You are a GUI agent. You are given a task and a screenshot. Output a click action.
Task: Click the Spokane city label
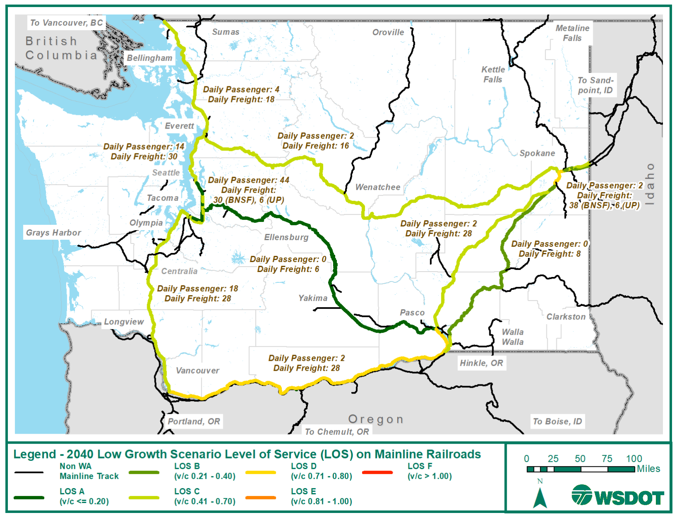[537, 153]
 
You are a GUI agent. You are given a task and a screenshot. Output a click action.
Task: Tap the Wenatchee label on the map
[378, 187]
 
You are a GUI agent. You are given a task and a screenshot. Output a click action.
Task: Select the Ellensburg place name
[286, 237]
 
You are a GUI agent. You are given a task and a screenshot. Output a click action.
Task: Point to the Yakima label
[313, 298]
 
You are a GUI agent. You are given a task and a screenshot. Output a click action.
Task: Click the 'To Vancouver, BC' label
[67, 23]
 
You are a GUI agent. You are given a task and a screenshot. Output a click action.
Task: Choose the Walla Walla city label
[513, 337]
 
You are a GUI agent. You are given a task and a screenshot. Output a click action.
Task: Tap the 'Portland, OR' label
[194, 421]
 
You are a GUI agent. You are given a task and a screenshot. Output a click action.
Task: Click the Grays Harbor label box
[54, 233]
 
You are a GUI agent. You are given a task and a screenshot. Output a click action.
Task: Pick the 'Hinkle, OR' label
[481, 363]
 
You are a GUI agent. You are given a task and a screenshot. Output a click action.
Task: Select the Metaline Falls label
[572, 33]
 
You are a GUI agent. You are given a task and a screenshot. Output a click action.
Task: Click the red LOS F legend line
[377, 472]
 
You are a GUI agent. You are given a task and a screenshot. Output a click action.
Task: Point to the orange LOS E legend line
[260, 497]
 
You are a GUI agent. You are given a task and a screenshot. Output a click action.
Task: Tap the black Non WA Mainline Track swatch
[29, 472]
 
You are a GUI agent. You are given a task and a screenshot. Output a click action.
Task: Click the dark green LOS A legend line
[29, 497]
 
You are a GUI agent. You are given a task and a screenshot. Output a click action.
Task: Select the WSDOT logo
[617, 495]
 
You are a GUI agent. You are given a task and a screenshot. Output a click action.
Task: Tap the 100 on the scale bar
[634, 458]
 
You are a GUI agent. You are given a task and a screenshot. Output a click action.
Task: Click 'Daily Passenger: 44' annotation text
[248, 180]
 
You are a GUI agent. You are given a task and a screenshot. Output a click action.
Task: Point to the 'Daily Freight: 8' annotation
[549, 254]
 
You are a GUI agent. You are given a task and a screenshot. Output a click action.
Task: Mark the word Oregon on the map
[375, 419]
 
